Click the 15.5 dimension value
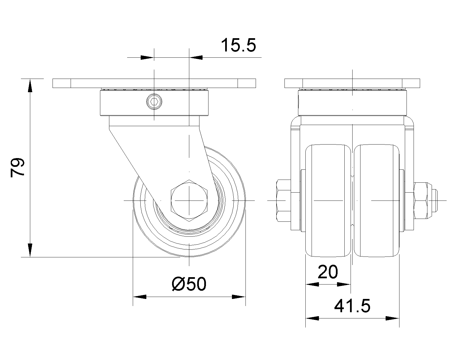239,45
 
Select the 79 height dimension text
18,168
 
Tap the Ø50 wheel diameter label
189,284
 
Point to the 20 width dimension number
328,272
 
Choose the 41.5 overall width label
352,306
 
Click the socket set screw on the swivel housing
154,102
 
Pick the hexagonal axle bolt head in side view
189,201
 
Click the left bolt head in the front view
284,201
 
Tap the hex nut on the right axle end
420,201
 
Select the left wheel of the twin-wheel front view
328,201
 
